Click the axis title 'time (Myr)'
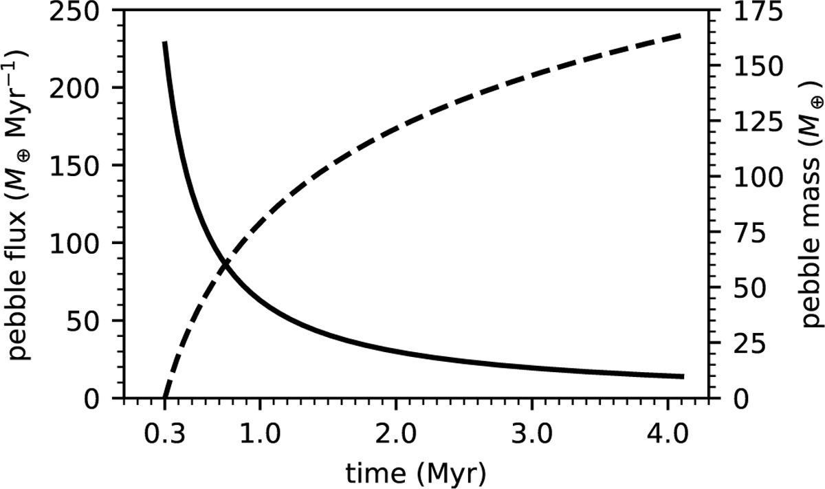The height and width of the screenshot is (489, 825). point(416,473)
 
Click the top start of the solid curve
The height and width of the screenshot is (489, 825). point(165,43)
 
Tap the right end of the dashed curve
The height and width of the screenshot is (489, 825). point(681,34)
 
